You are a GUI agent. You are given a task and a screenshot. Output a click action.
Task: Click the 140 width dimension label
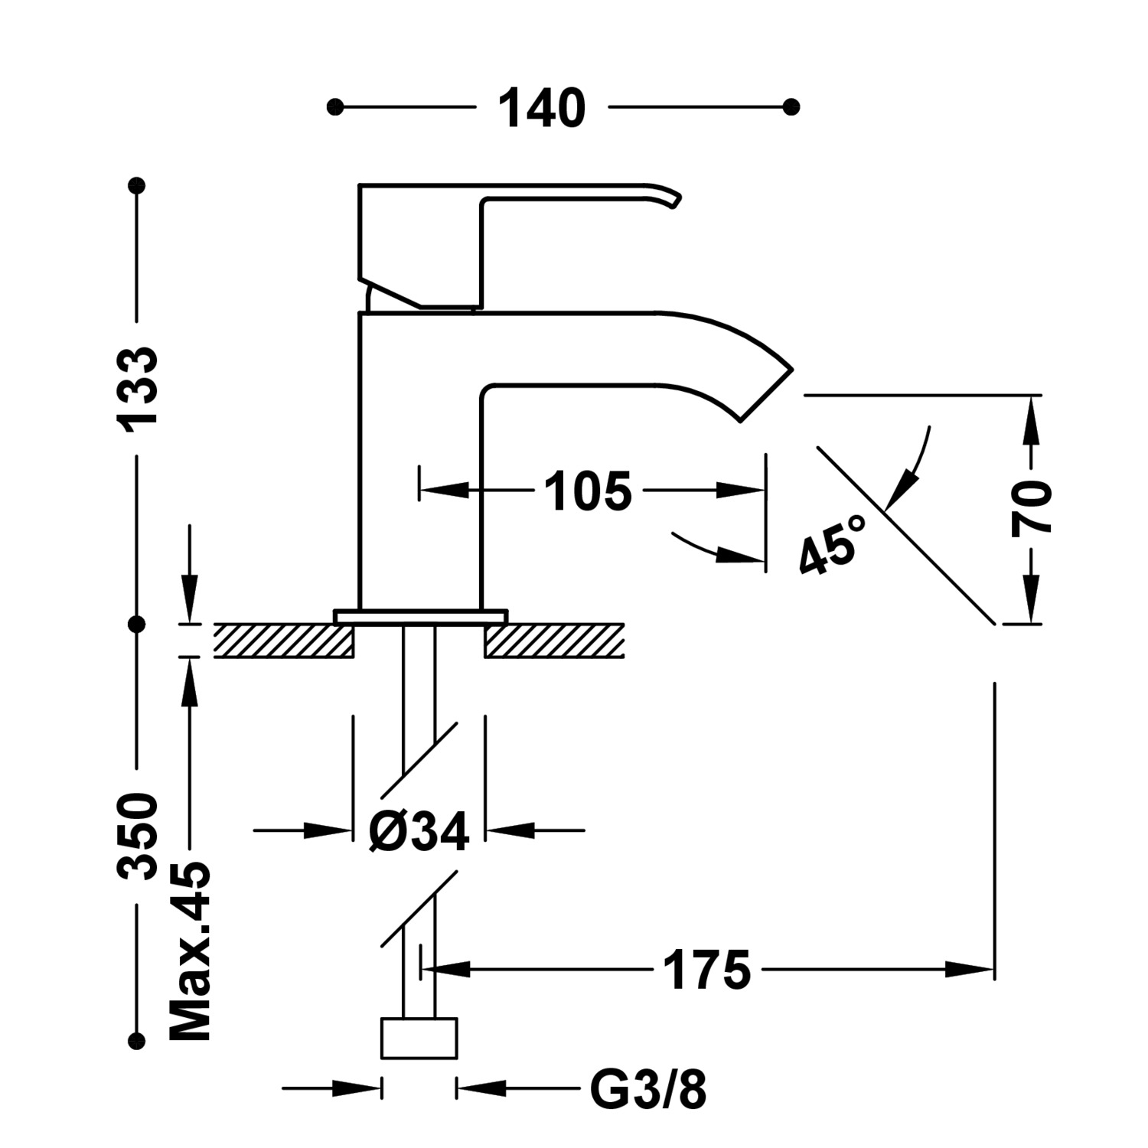[542, 108]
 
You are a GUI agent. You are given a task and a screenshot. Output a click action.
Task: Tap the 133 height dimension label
[138, 386]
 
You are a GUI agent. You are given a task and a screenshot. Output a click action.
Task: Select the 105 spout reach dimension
[588, 491]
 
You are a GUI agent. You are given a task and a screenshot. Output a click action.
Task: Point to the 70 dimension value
[1032, 508]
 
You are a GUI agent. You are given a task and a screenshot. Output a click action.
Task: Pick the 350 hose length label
[138, 837]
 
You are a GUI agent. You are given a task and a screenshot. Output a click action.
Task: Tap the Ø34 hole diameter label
[418, 831]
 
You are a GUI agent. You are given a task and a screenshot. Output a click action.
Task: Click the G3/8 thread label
[648, 1089]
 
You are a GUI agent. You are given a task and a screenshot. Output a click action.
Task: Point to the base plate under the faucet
[420, 616]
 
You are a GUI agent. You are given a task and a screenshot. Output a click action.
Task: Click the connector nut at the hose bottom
[419, 1038]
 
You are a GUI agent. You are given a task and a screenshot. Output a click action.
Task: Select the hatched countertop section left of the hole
[283, 641]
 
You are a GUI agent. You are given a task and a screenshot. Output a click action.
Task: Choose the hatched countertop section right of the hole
[555, 641]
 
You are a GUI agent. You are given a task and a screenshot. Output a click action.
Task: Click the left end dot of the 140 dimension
[334, 107]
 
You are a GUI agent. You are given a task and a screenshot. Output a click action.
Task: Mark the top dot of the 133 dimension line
[138, 185]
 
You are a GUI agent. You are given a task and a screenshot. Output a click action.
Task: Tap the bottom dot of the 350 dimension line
[138, 1040]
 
